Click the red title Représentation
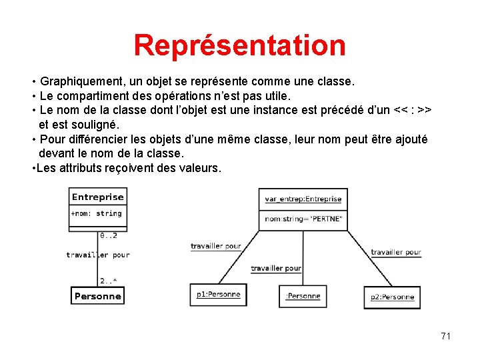click(x=239, y=45)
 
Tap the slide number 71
click(x=445, y=336)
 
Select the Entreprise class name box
click(x=98, y=197)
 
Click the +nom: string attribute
click(x=97, y=213)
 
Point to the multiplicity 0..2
click(x=109, y=235)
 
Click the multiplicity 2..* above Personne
click(x=109, y=281)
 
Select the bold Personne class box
click(x=98, y=296)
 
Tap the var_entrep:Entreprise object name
click(x=303, y=199)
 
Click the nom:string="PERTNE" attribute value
click(x=303, y=219)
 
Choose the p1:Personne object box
click(x=219, y=295)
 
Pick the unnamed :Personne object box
click(x=303, y=296)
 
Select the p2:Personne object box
click(x=393, y=297)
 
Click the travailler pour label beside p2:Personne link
click(x=396, y=252)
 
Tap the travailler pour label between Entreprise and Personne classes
click(x=98, y=255)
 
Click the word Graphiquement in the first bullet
click(x=81, y=81)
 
